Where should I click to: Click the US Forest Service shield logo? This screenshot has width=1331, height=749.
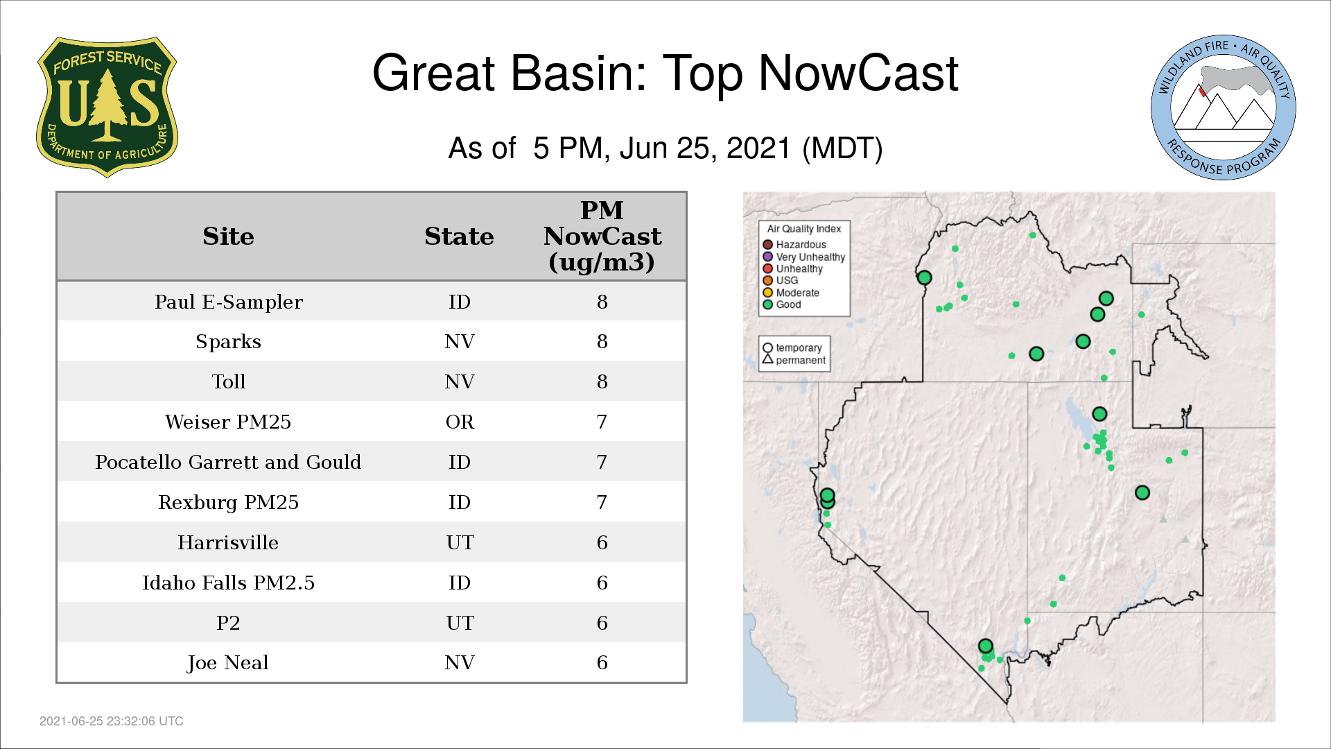(x=107, y=107)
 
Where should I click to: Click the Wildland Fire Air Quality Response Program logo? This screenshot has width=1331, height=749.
(x=1223, y=107)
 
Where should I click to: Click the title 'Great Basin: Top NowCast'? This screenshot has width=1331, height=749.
(x=665, y=73)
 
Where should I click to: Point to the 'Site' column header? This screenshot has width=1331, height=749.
(x=228, y=236)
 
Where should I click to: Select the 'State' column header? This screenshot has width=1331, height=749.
(x=459, y=236)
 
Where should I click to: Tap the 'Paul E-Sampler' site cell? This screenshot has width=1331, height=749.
(x=228, y=302)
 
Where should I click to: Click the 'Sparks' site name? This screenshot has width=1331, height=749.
(x=228, y=342)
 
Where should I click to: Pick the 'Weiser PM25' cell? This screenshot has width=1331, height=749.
(x=228, y=422)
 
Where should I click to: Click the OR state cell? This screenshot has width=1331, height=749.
(x=460, y=422)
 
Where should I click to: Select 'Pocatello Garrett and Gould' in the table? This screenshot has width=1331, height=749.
(x=228, y=462)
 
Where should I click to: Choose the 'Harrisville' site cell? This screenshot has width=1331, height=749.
(x=228, y=542)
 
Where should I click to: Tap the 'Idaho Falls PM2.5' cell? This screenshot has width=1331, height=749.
(x=228, y=583)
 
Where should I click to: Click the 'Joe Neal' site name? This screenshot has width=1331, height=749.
(x=228, y=663)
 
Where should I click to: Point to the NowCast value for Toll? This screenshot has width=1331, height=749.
(x=602, y=381)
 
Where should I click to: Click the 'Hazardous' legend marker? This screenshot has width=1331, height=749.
(x=767, y=245)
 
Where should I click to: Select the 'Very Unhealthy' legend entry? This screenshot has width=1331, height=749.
(x=804, y=257)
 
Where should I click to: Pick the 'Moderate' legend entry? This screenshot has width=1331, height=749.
(x=791, y=293)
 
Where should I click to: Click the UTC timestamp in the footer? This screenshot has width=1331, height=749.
(x=112, y=721)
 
